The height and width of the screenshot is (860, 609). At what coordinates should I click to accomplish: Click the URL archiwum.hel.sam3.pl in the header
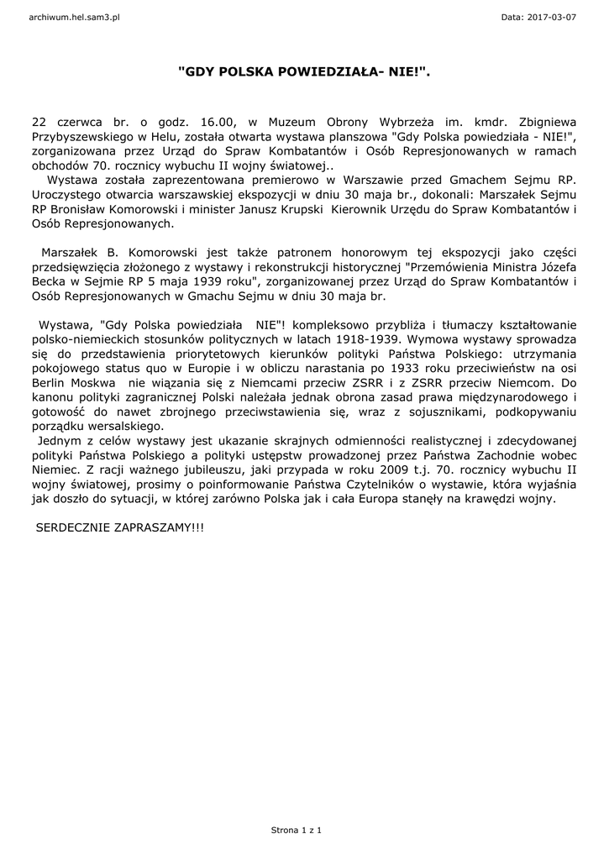point(75,17)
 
